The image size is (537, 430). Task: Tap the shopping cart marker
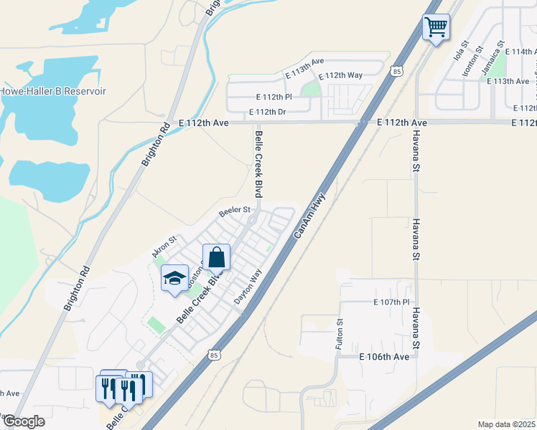(436, 29)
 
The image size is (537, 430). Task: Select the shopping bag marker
(216, 257)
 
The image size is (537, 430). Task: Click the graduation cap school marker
(173, 278)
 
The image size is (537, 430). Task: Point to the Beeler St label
(233, 211)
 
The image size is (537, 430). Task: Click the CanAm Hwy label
(309, 215)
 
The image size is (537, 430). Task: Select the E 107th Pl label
(391, 302)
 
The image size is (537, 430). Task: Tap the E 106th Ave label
(384, 356)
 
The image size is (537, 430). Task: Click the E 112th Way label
(340, 75)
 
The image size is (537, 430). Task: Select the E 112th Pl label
(274, 97)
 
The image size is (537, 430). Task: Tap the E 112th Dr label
(267, 112)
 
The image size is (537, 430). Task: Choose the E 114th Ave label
(520, 52)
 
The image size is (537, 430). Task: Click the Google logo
(23, 421)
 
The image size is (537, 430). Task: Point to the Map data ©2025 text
(507, 424)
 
